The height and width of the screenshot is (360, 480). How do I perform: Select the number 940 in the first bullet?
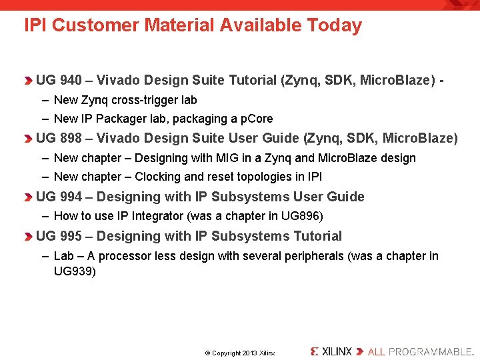tap(71, 81)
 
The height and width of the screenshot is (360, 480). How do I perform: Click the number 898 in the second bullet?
tap(71, 139)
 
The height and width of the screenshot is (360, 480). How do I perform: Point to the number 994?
tap(71, 197)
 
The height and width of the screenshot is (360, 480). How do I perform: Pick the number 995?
tap(71, 236)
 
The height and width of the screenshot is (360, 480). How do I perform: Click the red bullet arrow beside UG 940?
tap(27, 81)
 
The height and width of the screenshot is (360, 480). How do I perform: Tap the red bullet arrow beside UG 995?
tap(27, 237)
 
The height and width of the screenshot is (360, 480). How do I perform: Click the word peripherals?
tap(314, 256)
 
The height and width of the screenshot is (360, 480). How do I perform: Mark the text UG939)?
tap(75, 271)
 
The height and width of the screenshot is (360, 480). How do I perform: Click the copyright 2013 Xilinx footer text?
tap(239, 353)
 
